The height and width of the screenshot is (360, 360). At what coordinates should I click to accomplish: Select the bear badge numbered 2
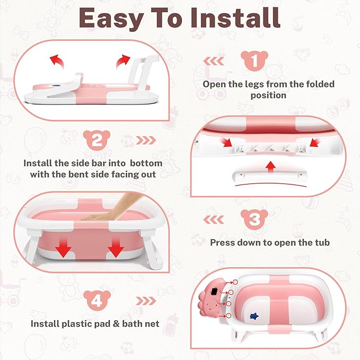click(96, 141)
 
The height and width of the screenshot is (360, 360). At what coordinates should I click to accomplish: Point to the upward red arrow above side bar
click(271, 166)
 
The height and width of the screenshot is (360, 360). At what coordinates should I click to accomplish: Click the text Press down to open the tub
click(270, 243)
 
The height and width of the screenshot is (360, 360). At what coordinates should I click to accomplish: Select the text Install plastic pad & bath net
click(96, 323)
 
